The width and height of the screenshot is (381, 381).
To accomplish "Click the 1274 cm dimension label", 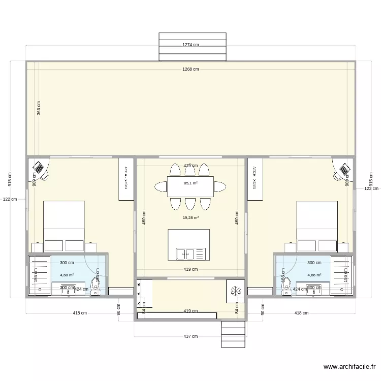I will click(190, 45).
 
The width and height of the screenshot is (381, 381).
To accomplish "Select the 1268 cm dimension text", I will click(190, 69).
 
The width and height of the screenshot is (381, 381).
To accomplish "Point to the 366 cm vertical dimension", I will click(39, 108).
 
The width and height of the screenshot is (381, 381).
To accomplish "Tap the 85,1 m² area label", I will click(190, 183).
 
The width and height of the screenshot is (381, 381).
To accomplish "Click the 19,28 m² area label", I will click(190, 217).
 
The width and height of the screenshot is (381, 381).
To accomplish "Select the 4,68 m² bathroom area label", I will click(67, 275).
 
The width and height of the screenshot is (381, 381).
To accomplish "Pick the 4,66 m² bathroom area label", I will click(314, 275).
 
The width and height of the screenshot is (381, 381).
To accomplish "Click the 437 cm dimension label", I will click(190, 336).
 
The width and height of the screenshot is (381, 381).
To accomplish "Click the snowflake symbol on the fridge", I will click(236, 291).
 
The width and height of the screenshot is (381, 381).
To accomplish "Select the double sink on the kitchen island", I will click(185, 252).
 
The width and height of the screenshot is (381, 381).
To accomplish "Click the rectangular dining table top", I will click(190, 186).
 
